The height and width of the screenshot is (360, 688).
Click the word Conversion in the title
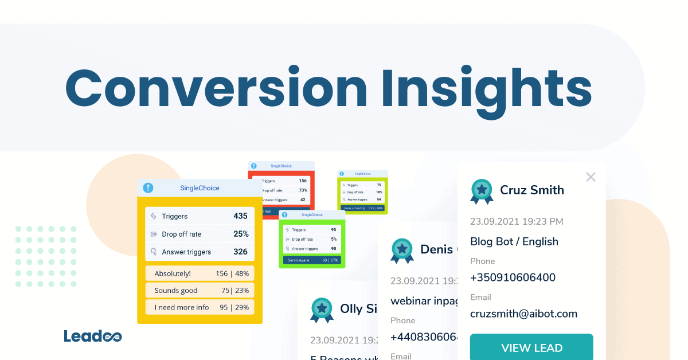[x=216, y=88]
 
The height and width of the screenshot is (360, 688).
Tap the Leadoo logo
[x=92, y=336]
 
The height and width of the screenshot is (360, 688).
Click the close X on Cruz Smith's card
[x=591, y=177]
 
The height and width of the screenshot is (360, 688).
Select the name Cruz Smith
[x=531, y=190]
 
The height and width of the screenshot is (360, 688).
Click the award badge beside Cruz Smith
[x=482, y=191]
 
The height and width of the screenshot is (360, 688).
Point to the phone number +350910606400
[x=513, y=277]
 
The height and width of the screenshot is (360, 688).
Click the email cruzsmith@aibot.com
[x=523, y=314]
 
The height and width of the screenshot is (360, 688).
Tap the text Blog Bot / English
[x=514, y=241]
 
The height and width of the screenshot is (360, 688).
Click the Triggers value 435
[x=240, y=216]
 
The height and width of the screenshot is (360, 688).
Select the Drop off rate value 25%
[x=241, y=234]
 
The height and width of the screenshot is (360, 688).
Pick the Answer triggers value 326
[x=240, y=252]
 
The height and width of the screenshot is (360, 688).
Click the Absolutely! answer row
[x=200, y=273]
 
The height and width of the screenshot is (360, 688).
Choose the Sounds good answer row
[x=200, y=290]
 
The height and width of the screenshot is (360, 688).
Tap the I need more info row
[x=200, y=307]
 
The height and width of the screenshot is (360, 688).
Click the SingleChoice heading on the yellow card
[x=200, y=188]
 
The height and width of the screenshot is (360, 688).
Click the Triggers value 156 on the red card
[x=303, y=181]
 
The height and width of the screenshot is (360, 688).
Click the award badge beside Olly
[x=322, y=310]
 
